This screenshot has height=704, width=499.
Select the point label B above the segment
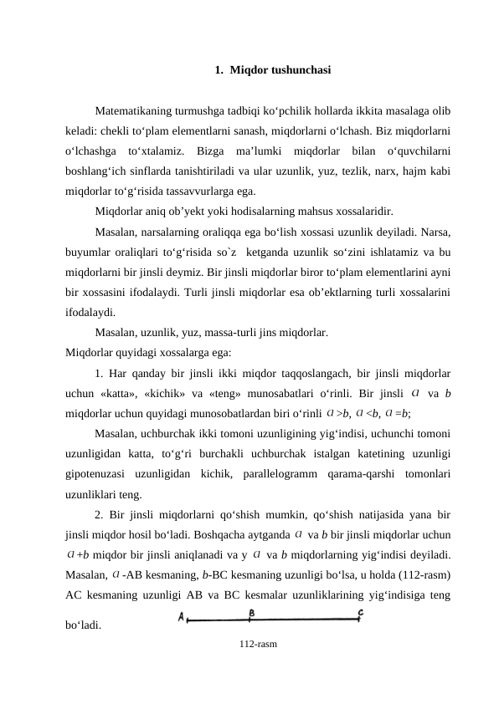tap(252, 612)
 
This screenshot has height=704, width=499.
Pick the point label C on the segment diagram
tap(361, 613)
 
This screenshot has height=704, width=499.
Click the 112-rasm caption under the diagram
tap(258, 644)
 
